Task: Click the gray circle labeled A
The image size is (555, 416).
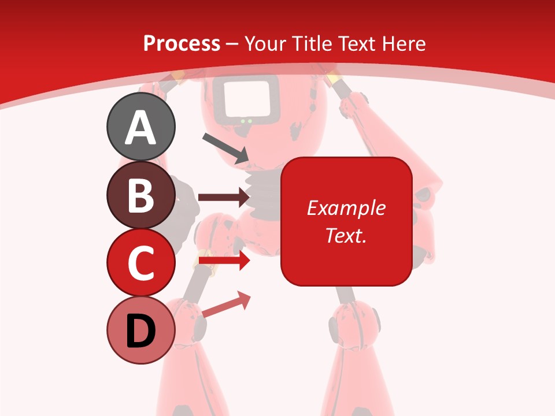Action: click(141, 127)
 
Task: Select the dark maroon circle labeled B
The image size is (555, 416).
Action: click(141, 195)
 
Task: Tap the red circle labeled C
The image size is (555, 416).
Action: click(141, 262)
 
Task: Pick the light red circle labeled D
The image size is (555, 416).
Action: click(141, 330)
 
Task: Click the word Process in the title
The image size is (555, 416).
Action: click(182, 43)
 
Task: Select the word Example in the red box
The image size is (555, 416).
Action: click(346, 208)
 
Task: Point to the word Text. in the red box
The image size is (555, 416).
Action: click(346, 235)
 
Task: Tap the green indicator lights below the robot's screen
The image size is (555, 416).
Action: click(247, 121)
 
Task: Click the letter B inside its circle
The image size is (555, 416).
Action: click(141, 195)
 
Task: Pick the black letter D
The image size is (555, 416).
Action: click(141, 331)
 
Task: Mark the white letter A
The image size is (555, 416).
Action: click(141, 128)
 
